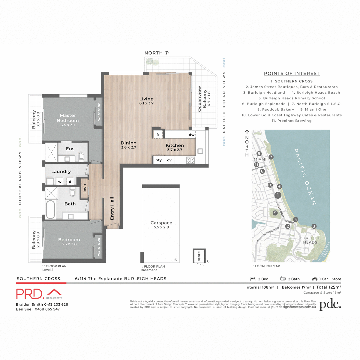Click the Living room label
point(146,99)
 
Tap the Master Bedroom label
point(68,118)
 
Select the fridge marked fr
point(158,134)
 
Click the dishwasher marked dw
point(191,135)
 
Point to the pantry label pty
point(158,160)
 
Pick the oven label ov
point(169,160)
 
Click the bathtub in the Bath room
point(50,209)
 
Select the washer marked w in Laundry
point(60,181)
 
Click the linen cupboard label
point(85,189)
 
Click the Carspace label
point(161,223)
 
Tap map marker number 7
point(271,157)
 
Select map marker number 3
point(314,226)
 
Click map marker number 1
point(278,195)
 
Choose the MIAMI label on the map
point(260,159)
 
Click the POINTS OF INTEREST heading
point(292,73)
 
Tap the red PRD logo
point(39,294)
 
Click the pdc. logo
point(330,304)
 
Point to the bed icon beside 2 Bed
point(253,279)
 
